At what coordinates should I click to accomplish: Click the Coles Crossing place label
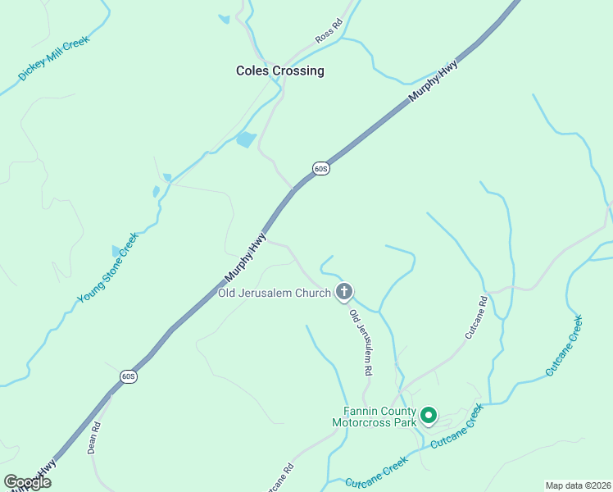pos(279,71)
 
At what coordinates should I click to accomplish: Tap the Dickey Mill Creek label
pos(53,58)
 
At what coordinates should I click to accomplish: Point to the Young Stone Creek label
pos(109,267)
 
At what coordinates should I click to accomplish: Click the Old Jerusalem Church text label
pos(274,293)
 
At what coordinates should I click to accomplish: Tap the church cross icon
pos(345,291)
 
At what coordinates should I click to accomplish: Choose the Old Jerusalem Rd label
pos(361,342)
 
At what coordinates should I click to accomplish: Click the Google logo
pos(27,482)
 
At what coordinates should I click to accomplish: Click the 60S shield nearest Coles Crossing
pos(321,169)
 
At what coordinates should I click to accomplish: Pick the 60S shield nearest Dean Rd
pos(128,376)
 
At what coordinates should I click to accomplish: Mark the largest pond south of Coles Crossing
pos(246,139)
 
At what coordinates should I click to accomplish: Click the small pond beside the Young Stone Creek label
pos(116,251)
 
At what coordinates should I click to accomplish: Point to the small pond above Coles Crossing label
pos(224,19)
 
